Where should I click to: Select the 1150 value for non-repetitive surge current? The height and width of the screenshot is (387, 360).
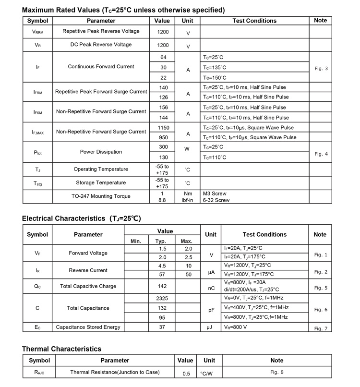[163, 128]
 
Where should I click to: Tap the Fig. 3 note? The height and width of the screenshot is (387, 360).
[321, 68]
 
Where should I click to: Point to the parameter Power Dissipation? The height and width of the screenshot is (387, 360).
[101, 152]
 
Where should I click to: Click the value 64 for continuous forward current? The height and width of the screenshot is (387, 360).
[163, 57]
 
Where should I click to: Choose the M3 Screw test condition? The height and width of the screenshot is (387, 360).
[215, 193]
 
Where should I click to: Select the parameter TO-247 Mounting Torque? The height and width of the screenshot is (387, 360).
[101, 196]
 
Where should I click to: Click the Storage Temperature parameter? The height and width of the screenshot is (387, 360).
[101, 183]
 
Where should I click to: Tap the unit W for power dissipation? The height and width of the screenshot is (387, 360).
[188, 149]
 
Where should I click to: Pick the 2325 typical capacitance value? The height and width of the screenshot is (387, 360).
[162, 298]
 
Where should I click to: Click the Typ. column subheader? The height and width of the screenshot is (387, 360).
[161, 241]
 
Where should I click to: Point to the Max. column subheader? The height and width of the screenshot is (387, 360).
[187, 241]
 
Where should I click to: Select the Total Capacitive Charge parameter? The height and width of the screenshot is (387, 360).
[88, 286]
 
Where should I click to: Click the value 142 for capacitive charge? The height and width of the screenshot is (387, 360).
[162, 286]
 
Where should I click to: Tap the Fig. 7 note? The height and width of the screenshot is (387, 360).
[320, 328]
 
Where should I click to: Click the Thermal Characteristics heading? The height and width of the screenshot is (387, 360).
[61, 349]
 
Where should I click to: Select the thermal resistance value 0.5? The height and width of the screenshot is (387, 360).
[185, 374]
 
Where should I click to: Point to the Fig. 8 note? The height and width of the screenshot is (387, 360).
[277, 372]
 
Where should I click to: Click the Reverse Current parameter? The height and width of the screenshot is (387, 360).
[88, 270]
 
